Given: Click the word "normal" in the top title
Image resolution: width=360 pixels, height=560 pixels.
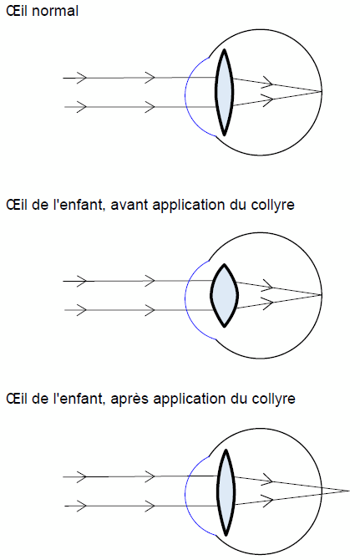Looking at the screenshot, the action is tap(55, 11).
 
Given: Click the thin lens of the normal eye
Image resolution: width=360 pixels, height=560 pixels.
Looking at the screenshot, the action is tap(224, 93).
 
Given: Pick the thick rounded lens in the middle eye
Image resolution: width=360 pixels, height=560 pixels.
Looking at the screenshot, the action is tap(224, 295).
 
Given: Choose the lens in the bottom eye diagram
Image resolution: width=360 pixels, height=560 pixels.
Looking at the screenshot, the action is tap(226, 492).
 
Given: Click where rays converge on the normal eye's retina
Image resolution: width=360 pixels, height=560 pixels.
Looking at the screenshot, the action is tap(322, 91).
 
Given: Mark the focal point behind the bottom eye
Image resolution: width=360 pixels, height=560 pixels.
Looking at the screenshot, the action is tap(349, 491).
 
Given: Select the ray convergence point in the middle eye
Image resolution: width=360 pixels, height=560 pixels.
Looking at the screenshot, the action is tap(322, 295).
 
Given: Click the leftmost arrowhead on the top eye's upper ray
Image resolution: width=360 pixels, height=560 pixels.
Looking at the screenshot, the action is tap(82, 78).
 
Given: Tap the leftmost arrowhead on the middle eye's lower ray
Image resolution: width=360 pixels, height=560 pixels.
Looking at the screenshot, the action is tap(82, 310).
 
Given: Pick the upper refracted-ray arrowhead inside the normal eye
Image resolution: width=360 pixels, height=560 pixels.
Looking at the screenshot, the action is tap(268, 83).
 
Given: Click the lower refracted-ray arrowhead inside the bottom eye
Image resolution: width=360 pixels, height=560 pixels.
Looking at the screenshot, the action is tap(268, 500).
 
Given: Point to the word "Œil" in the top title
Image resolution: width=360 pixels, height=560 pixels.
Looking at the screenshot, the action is tap(17, 11).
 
